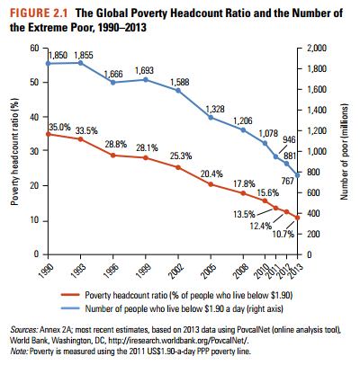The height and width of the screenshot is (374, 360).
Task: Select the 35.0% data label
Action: pos(59,127)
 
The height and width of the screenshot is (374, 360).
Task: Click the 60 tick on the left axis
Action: pos(35,47)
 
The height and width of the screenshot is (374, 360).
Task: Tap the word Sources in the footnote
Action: pos(26,330)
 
